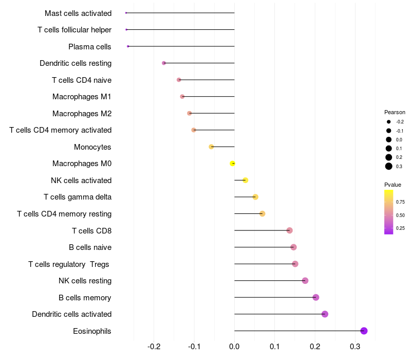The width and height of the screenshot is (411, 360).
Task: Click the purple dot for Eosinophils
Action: coord(364,331)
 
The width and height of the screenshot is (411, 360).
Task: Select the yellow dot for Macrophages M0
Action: coord(233,164)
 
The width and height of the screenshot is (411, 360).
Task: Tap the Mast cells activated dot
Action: coord(126,13)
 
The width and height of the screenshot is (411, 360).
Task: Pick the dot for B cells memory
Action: coord(315,297)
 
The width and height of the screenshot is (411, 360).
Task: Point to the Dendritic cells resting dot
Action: coord(164,63)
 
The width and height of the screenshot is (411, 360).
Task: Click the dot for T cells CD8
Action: coord(289,230)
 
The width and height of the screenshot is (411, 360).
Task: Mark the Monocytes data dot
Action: coord(211,147)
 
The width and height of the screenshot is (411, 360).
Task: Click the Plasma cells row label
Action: coord(89,47)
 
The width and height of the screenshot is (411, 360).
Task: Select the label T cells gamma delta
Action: coord(78,197)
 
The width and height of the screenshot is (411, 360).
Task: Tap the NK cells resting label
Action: coord(85,281)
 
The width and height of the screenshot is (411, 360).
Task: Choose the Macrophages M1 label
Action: coord(82,97)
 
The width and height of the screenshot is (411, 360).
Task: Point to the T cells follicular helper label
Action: coord(74,30)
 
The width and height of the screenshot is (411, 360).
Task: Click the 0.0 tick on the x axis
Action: coord(234,347)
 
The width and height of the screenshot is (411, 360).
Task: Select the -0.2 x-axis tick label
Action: coord(154,347)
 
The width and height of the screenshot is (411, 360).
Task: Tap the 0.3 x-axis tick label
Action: coord(355,347)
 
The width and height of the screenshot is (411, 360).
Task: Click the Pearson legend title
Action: coord(395,112)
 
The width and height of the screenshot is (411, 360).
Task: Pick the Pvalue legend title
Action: coord(393,185)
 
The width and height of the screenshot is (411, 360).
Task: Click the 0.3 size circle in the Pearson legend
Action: coord(389,166)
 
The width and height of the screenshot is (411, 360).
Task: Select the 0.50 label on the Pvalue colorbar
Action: coord(401,215)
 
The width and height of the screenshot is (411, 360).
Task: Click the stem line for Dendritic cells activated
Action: coord(277,314)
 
